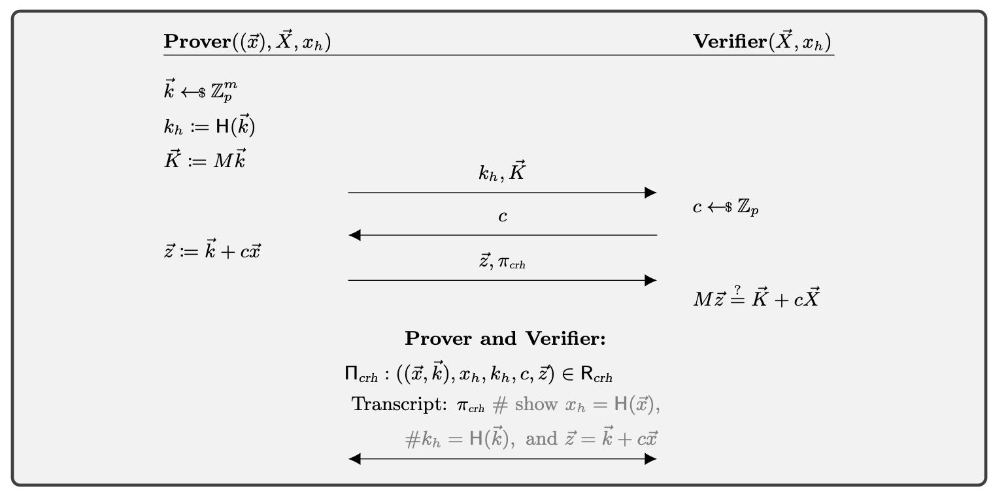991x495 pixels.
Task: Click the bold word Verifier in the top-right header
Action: tap(729, 41)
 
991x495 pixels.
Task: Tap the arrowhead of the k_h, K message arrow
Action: tap(650, 193)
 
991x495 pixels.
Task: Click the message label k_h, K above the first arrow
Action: tap(502, 173)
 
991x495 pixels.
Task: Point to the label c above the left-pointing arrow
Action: tap(502, 216)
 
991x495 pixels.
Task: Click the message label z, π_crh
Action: tap(502, 262)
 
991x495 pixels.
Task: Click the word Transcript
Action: tap(399, 404)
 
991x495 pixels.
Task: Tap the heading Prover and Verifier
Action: tap(505, 338)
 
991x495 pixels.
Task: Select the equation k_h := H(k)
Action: tap(209, 126)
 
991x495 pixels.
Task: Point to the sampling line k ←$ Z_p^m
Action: tap(199, 91)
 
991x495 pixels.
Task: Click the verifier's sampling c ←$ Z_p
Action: tap(726, 208)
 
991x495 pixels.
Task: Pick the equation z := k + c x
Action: tap(212, 250)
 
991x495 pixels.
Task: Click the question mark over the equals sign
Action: tap(737, 289)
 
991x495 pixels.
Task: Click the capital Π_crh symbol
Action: tap(361, 374)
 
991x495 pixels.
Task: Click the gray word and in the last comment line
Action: tap(541, 438)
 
